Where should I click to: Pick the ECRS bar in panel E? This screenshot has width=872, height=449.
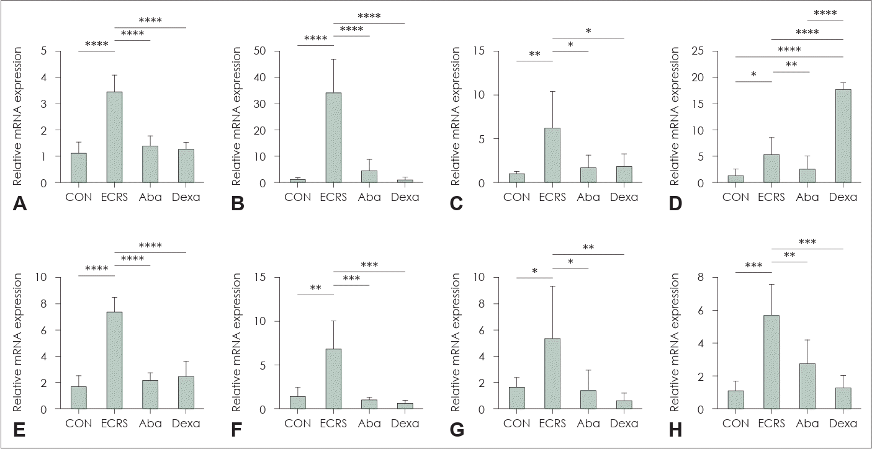point(114,360)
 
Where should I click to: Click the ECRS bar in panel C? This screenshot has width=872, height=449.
point(552,155)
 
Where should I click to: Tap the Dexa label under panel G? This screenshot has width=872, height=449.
point(623,424)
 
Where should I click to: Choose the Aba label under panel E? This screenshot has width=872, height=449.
point(150,424)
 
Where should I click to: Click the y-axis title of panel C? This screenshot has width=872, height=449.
point(456,117)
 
